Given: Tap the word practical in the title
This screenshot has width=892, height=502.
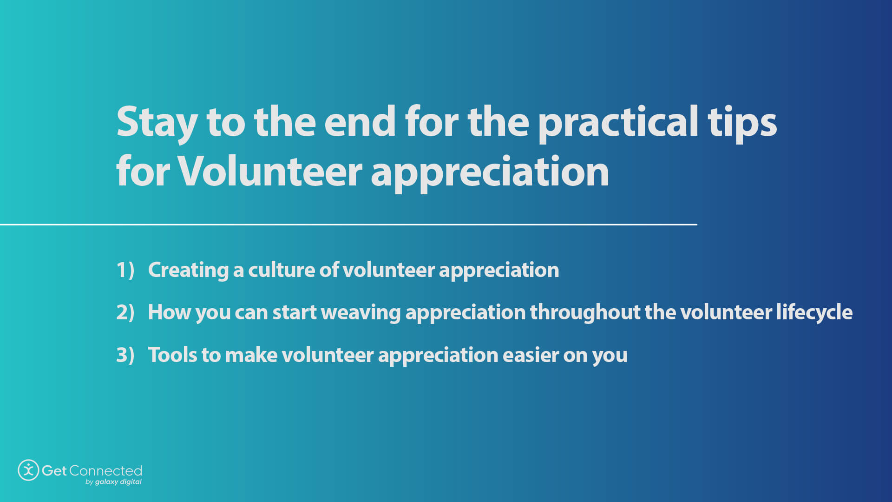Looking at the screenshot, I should [618, 122].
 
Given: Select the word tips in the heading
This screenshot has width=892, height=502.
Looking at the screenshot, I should [742, 122].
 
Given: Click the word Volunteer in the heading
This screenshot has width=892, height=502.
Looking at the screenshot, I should [270, 171].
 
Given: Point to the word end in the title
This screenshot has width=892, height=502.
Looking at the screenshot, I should [360, 122].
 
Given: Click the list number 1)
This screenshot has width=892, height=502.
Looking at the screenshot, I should [125, 270].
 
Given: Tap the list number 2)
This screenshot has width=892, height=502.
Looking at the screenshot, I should [125, 312].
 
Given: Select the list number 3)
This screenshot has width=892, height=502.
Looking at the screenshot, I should [125, 355].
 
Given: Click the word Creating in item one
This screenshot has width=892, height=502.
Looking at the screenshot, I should [188, 270].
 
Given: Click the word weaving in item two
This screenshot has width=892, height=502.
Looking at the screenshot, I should [361, 312].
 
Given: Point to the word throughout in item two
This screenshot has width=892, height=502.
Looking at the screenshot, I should [585, 312].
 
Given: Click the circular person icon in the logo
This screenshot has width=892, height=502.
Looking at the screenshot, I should [28, 470].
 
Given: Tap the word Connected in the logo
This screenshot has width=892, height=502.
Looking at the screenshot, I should [105, 470].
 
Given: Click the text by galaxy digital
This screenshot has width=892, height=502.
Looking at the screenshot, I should [113, 482].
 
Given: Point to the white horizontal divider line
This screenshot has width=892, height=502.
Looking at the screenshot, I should [348, 225].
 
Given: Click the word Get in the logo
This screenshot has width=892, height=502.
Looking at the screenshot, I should [54, 470].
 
